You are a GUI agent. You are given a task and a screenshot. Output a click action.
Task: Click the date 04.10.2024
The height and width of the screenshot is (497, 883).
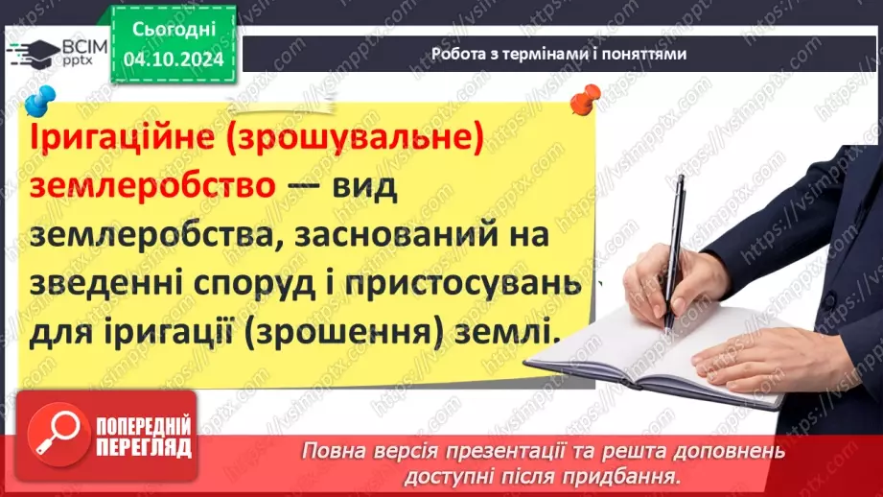pos(173,59)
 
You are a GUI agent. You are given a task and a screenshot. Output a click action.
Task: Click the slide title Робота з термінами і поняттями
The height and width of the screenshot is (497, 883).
pos(559,54)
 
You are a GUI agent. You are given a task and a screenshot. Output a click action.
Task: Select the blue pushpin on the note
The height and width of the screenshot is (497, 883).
pos(40,100)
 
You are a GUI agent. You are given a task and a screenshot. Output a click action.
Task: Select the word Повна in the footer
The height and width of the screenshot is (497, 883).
pos(332,451)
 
